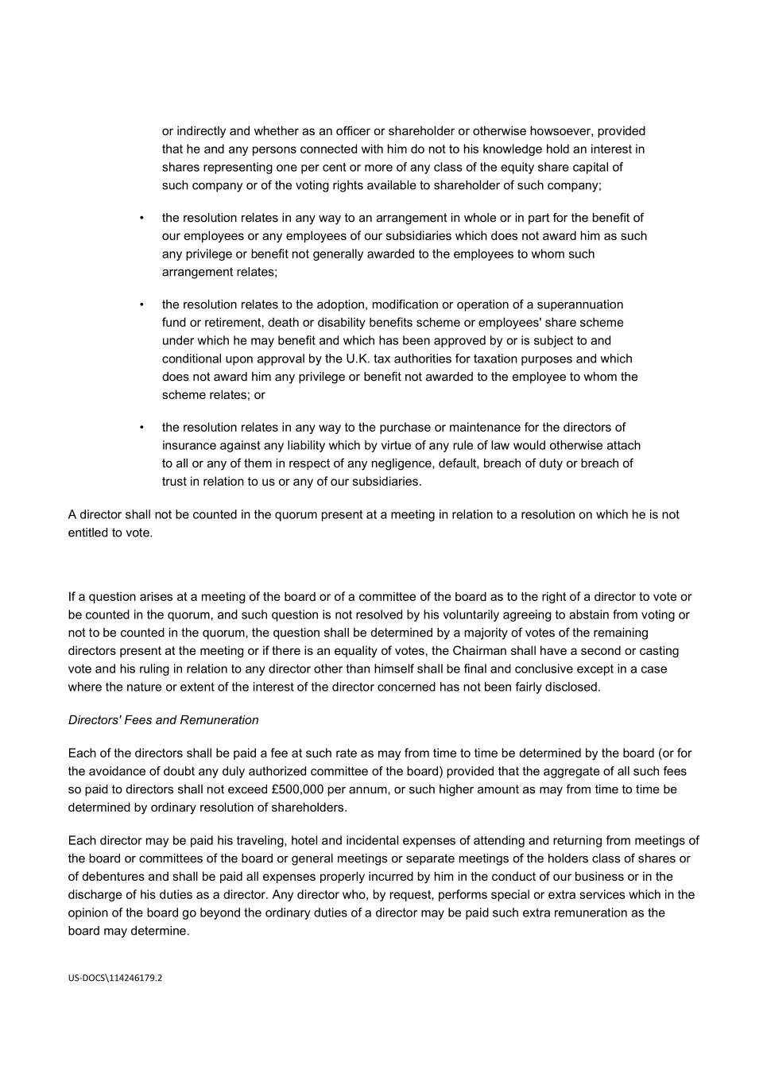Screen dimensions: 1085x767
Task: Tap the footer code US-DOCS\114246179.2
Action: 115,978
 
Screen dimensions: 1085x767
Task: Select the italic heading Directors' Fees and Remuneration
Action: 163,720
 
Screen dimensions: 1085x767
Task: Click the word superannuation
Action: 580,304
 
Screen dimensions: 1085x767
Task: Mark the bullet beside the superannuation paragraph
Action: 141,304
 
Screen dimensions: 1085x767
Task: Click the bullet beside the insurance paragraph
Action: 141,428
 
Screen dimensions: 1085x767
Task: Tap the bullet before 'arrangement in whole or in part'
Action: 141,218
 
